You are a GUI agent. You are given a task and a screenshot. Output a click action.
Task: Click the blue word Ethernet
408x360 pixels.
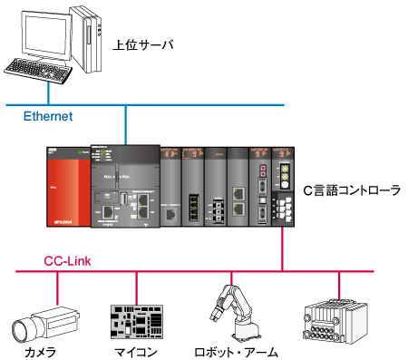47,116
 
